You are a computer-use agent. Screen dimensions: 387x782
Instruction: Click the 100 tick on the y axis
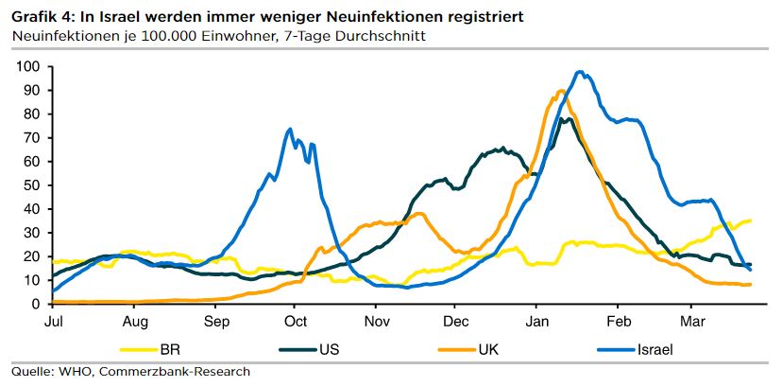(26, 66)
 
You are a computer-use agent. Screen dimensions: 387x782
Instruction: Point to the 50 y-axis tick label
(29, 185)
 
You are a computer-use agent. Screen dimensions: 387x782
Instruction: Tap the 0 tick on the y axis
(33, 304)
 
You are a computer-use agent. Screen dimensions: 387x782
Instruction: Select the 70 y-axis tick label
(29, 137)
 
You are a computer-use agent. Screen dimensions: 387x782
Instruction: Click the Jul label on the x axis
(54, 322)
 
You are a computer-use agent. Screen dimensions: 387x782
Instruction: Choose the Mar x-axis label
(694, 322)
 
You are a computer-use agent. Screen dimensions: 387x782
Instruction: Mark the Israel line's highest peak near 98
(580, 72)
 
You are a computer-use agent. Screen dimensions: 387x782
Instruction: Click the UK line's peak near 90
(561, 91)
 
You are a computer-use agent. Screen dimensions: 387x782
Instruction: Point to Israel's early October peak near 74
(289, 130)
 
